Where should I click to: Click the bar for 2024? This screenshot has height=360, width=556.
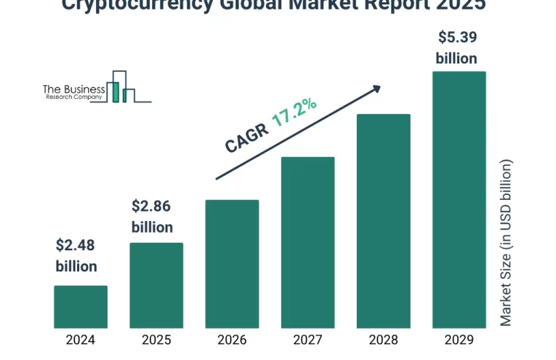[81, 306]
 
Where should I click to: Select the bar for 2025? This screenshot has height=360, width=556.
[156, 285]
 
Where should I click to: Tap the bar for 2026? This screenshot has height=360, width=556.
[232, 263]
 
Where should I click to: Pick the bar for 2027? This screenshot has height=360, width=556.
[307, 242]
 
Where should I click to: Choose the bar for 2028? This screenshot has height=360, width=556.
[383, 220]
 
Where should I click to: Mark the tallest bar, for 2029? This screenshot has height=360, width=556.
[459, 199]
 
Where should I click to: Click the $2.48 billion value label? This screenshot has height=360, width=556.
[76, 255]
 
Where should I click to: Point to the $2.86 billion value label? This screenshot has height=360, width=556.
[152, 216]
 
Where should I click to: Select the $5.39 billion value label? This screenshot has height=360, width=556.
[456, 47]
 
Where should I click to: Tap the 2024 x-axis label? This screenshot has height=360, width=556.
[81, 340]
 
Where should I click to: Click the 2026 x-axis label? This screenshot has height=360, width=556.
[232, 340]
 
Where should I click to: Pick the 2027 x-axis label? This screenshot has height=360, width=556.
[307, 340]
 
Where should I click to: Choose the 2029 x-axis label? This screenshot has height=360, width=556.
[459, 340]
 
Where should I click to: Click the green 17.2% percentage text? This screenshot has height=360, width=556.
[294, 113]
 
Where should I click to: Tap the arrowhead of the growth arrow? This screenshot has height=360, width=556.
[376, 88]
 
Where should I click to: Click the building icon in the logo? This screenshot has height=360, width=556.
[121, 87]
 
